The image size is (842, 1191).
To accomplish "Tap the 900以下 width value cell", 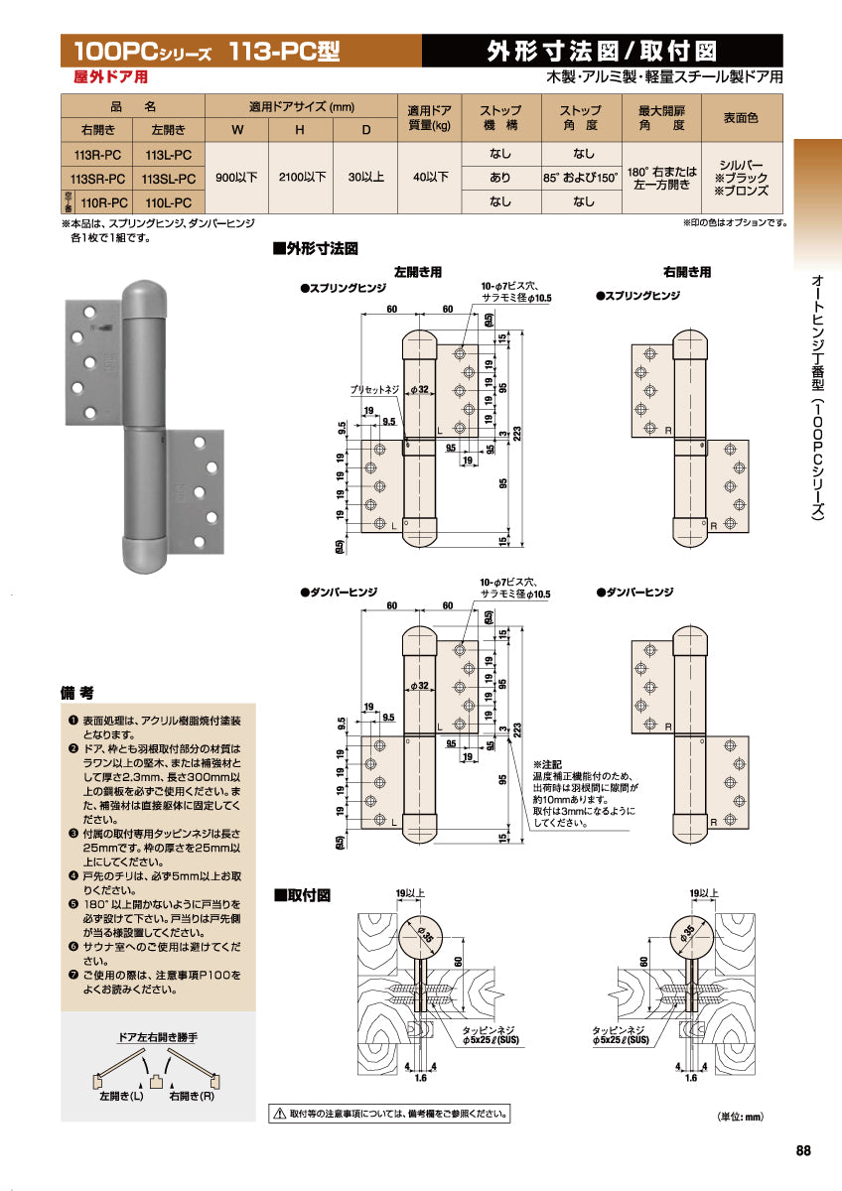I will point(236,178).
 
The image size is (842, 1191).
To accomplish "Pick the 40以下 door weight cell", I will point(429,178).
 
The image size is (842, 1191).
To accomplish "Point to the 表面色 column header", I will point(740,117).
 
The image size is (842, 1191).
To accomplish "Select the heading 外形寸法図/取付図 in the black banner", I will point(603,51).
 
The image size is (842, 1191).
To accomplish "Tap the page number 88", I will point(803,1150).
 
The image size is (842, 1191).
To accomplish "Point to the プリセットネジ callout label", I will point(374,390).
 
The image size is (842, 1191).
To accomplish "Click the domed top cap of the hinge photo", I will point(143,295).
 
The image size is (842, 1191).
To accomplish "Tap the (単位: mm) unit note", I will point(740,1117).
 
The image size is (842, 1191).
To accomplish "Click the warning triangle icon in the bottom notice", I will point(280,1115).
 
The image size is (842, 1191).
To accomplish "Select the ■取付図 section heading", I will point(302,895).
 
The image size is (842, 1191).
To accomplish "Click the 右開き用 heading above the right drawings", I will point(687,271).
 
